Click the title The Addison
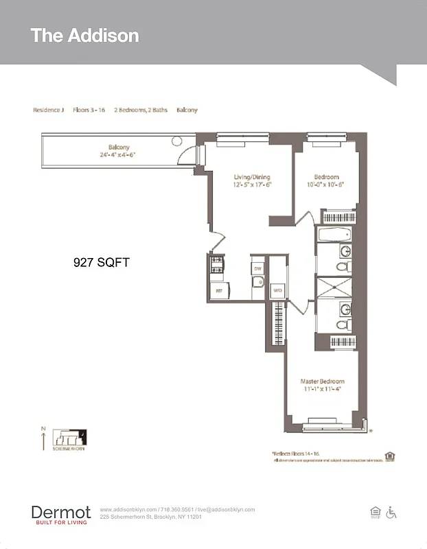tap(84, 36)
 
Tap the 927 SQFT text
tap(102, 262)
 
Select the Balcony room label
tap(119, 147)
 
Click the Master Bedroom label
tap(322, 381)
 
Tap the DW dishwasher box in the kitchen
tap(257, 268)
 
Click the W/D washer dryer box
tap(277, 290)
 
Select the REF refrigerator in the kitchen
tap(219, 292)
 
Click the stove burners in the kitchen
tap(216, 264)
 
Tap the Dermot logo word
tap(60, 512)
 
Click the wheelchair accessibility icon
tap(391, 512)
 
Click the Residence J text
tap(48, 110)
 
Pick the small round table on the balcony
tap(177, 141)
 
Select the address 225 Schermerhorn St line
tap(150, 517)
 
